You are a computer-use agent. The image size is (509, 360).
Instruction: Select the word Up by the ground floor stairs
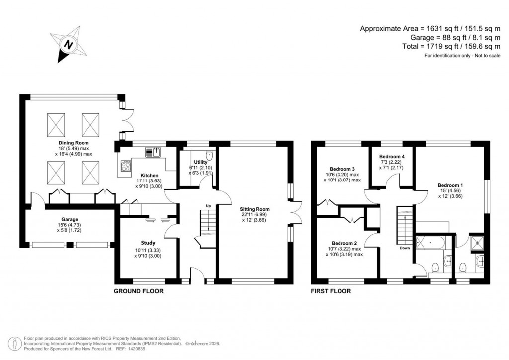pyautogui.click(x=209, y=205)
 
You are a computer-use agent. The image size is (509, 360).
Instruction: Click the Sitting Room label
pyautogui.click(x=254, y=209)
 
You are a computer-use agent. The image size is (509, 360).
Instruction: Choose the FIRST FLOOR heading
pyautogui.click(x=331, y=291)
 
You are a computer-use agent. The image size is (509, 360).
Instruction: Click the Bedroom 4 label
pyautogui.click(x=392, y=156)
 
